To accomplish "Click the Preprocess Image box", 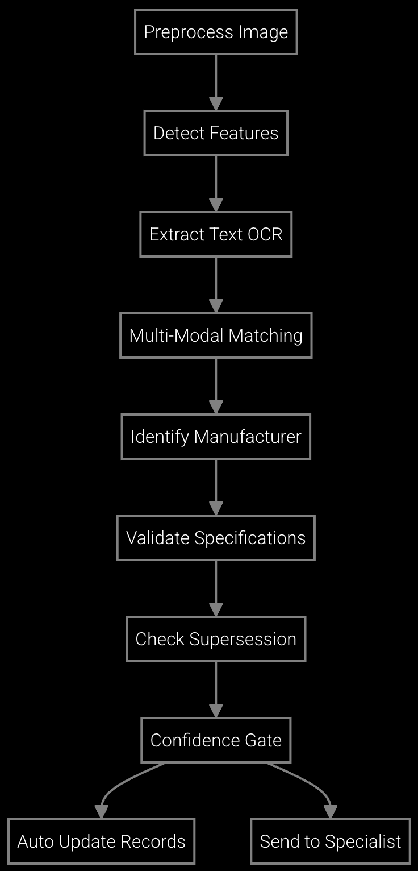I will pyautogui.click(x=216, y=32).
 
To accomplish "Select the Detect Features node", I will pyautogui.click(x=216, y=133).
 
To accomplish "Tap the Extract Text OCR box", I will pyautogui.click(x=216, y=234).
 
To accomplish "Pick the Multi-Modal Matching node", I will pyautogui.click(x=216, y=335).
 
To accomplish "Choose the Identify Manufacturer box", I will pyautogui.click(x=216, y=437).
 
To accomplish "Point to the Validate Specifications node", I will pyautogui.click(x=216, y=538).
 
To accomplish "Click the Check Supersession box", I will pyautogui.click(x=216, y=639).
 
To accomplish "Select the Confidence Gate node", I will pyautogui.click(x=216, y=740).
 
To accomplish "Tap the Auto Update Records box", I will pyautogui.click(x=102, y=841).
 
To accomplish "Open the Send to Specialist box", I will pyautogui.click(x=331, y=841).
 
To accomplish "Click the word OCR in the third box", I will pyautogui.click(x=265, y=234).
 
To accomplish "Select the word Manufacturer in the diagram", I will pyautogui.click(x=248, y=437).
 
